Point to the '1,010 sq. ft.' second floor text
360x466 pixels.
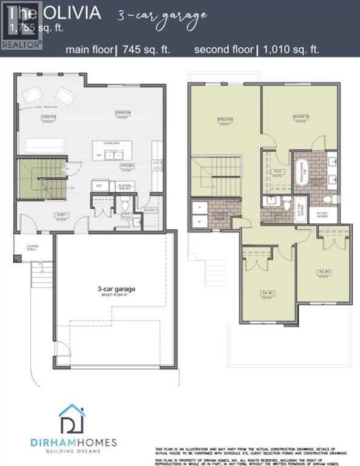coord(290,50)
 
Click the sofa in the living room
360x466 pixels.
coord(45,146)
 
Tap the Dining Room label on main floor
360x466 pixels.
coord(124,114)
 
